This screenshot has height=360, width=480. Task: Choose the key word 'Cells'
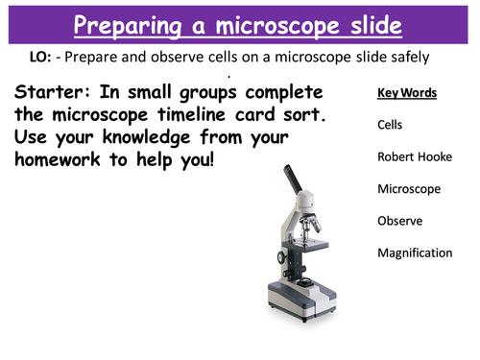click(391, 125)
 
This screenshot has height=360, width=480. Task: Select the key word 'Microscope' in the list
click(409, 189)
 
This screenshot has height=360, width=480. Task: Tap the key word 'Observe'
click(398, 221)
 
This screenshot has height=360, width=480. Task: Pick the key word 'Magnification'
click(415, 253)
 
